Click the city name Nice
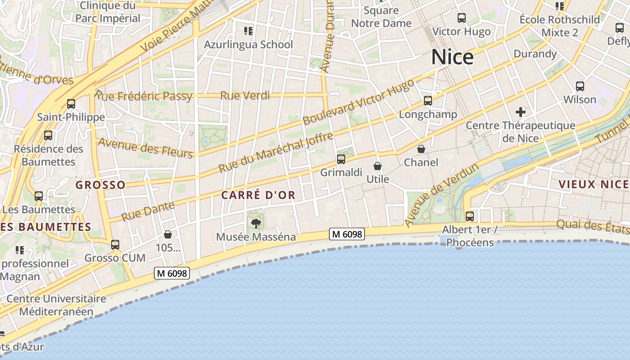(452, 58)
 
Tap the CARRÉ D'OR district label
(258, 195)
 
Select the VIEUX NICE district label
(593, 184)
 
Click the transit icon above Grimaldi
(341, 159)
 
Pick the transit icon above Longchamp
(427, 101)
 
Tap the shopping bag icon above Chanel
(421, 148)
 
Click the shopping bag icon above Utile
(378, 166)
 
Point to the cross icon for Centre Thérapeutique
(521, 112)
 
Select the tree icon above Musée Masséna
(256, 223)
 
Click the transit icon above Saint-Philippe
(71, 104)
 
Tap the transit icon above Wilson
(580, 86)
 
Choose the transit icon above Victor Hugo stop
(462, 18)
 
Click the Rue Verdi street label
(245, 95)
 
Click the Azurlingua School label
(248, 45)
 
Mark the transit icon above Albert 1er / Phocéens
(470, 216)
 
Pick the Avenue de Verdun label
(441, 196)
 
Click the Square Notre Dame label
(381, 17)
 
